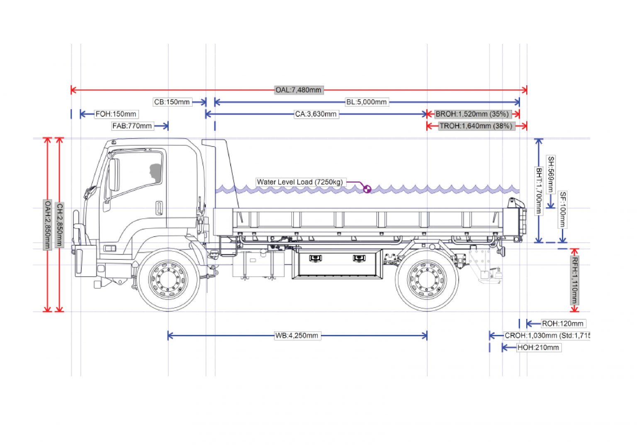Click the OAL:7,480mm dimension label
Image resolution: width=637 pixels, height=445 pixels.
click(299, 90)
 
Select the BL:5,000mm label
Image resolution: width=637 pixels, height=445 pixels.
click(366, 102)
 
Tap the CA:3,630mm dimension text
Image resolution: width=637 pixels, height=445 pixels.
click(316, 114)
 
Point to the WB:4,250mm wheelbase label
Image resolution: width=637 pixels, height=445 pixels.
click(297, 335)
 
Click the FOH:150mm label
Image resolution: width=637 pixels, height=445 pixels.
click(116, 114)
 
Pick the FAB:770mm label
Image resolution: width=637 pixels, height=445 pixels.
click(132, 126)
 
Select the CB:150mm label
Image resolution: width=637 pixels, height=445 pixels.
click(172, 102)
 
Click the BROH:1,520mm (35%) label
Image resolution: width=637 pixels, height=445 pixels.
click(472, 114)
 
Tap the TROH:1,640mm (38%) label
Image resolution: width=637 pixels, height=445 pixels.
click(476, 126)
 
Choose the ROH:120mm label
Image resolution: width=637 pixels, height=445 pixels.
click(563, 323)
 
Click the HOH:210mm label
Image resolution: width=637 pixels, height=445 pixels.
click(538, 347)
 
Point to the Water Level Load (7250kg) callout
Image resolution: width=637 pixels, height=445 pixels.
click(300, 182)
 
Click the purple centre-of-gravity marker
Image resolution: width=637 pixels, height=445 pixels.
click(367, 189)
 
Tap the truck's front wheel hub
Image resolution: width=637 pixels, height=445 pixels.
click(168, 279)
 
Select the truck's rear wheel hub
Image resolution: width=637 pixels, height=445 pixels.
click(427, 279)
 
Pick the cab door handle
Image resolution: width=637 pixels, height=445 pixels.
click(159, 208)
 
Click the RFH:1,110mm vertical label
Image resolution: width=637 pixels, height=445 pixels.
click(575, 280)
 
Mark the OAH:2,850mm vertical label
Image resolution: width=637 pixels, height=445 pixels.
click(47, 225)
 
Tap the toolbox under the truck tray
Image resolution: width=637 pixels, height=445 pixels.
click(337, 264)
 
